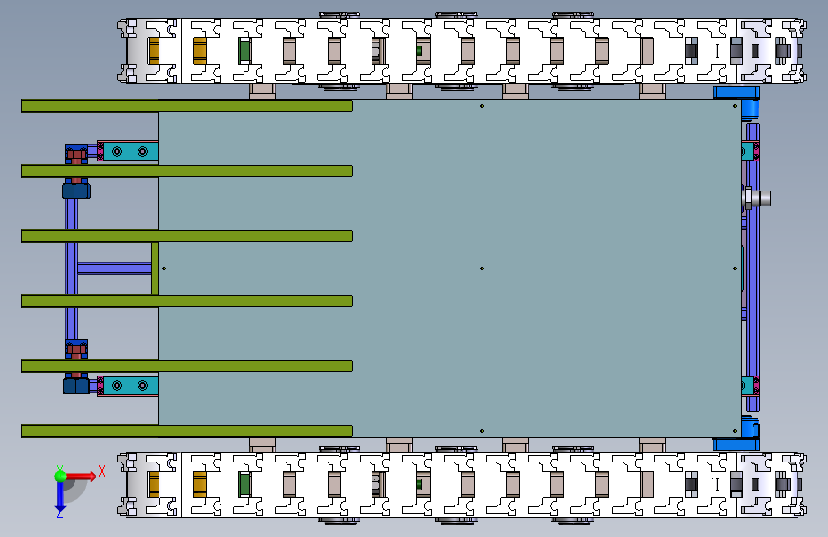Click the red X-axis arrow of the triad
coord(93,474)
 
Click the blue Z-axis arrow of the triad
coord(59,495)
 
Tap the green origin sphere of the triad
coord(60,475)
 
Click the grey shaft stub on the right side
coord(760,199)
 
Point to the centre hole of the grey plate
coord(482,268)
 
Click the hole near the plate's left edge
coord(164,268)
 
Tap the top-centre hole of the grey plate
coord(482,106)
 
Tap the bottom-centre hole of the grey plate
coord(482,432)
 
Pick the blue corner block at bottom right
coord(736,443)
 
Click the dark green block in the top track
coord(244,50)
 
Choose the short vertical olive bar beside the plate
coord(155,268)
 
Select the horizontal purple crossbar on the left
coord(113,268)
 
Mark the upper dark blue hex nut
coord(76,190)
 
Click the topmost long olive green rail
coord(186,106)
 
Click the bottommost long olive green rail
coord(186,431)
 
